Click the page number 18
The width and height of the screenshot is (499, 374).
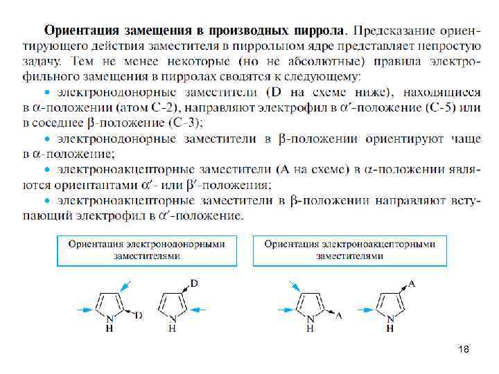click(464, 350)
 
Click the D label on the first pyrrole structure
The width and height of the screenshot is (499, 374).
click(139, 315)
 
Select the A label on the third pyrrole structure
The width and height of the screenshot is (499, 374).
click(338, 315)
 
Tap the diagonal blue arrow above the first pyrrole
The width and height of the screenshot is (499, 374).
click(124, 285)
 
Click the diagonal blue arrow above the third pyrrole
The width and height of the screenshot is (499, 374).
click(294, 285)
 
